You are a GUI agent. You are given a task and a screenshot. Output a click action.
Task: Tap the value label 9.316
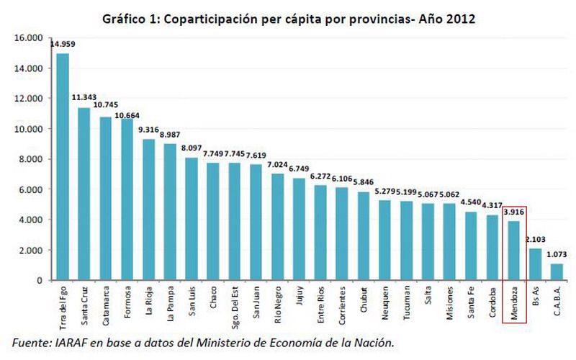(149, 130)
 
